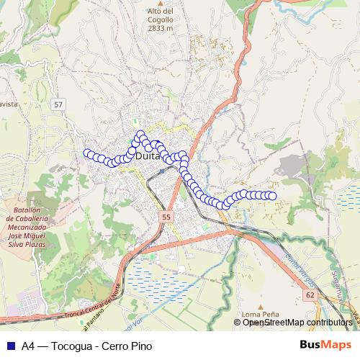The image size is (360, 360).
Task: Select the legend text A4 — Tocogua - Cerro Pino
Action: pyautogui.click(x=87, y=345)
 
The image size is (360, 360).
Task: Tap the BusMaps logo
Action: pyautogui.click(x=325, y=345)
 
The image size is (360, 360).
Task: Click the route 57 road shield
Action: pyautogui.click(x=58, y=105)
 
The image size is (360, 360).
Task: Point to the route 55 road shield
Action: pyautogui.click(x=167, y=217)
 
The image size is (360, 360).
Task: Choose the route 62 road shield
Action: pyautogui.click(x=310, y=295)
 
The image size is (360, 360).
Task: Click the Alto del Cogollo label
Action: pyautogui.click(x=160, y=12)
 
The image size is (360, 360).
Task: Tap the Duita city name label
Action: pyautogui.click(x=147, y=156)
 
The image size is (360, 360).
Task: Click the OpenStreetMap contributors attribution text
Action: pyautogui.click(x=297, y=322)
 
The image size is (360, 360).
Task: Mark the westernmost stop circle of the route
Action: pyautogui.click(x=88, y=153)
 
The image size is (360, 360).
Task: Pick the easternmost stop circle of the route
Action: pyautogui.click(x=273, y=196)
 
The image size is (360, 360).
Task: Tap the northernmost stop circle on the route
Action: pyautogui.click(x=140, y=135)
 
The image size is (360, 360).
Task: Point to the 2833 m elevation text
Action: pyautogui.click(x=160, y=28)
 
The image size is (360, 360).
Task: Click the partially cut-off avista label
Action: pyautogui.click(x=9, y=104)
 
